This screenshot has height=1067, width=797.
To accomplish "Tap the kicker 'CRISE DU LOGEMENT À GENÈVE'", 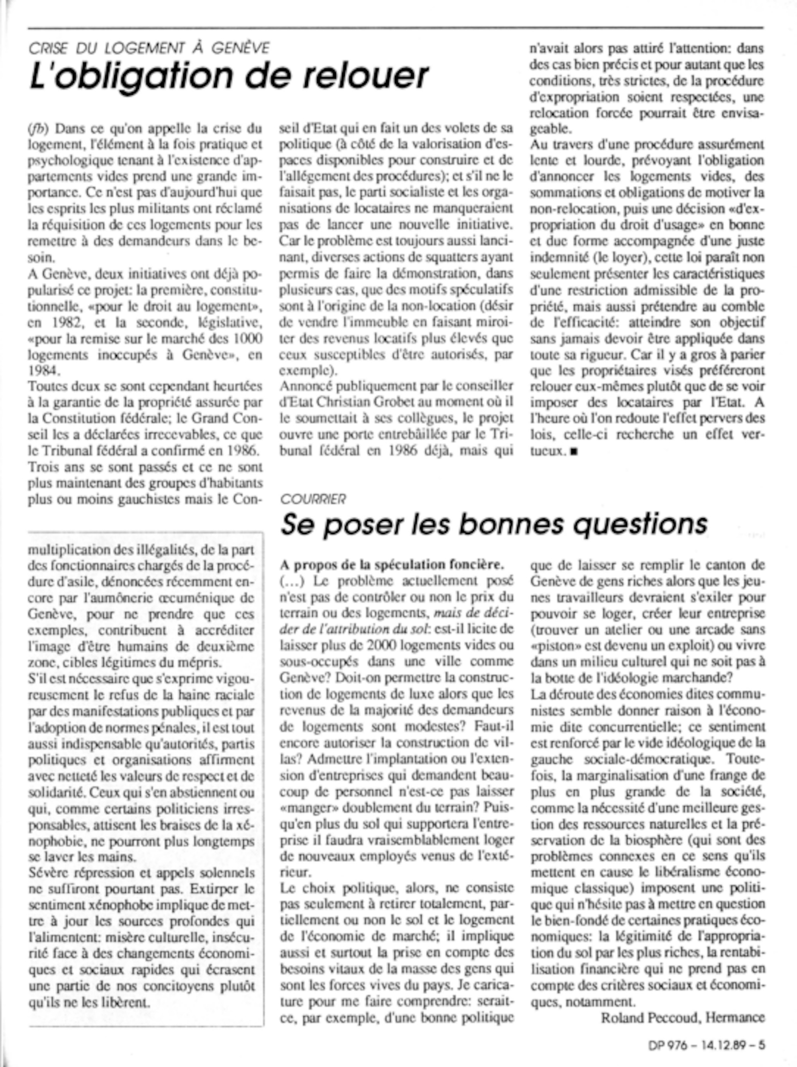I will tap(149, 48).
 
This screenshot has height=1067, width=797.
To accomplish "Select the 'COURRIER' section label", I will tap(313, 499).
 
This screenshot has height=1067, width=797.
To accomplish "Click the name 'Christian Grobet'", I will tap(367, 402).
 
